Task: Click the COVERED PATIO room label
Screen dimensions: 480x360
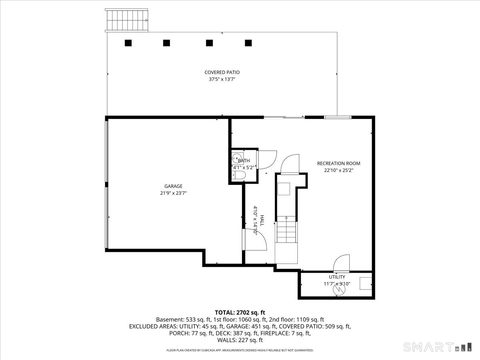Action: pyautogui.click(x=222, y=72)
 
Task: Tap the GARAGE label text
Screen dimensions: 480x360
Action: pyautogui.click(x=174, y=186)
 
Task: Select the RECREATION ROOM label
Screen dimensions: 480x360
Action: pyautogui.click(x=339, y=164)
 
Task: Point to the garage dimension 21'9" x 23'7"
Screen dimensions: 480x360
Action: pyautogui.click(x=174, y=193)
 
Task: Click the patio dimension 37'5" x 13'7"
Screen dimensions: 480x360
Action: pyautogui.click(x=222, y=79)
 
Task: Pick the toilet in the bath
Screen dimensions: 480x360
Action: pyautogui.click(x=239, y=175)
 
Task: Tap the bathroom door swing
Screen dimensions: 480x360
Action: pyautogui.click(x=267, y=160)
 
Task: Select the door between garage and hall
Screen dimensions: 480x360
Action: pyautogui.click(x=255, y=240)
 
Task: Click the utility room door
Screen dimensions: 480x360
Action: pyautogui.click(x=341, y=263)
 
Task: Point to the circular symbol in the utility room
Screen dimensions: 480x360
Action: pyautogui.click(x=339, y=289)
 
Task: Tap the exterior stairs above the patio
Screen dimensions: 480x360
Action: pyautogui.click(x=126, y=20)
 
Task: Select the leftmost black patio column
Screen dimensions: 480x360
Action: pyautogui.click(x=128, y=43)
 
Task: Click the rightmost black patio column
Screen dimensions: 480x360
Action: pyautogui.click(x=248, y=43)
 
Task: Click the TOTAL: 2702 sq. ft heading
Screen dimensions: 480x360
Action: pyautogui.click(x=240, y=312)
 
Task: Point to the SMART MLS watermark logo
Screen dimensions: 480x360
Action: pyautogui.click(x=437, y=347)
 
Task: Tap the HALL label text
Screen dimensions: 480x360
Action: pyautogui.click(x=262, y=220)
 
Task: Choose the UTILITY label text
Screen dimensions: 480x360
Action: pyautogui.click(x=337, y=277)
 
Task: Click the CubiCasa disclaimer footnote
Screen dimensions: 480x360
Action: pyautogui.click(x=240, y=350)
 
